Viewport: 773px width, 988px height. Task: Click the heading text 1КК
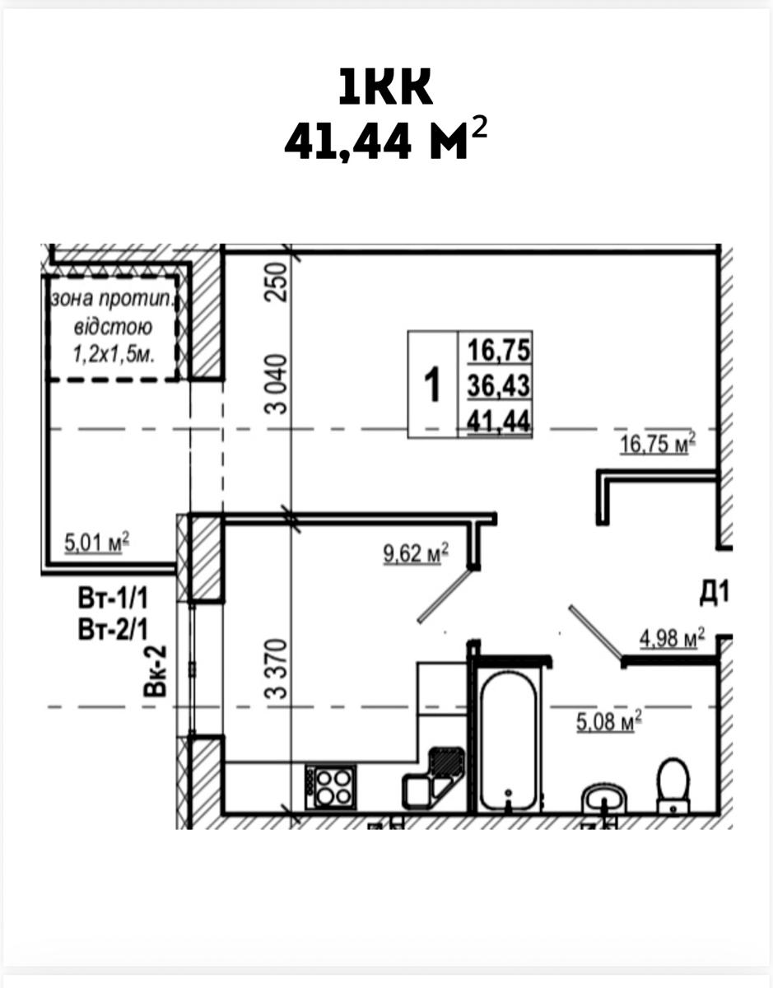point(386,86)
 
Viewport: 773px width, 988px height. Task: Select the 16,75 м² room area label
point(658,443)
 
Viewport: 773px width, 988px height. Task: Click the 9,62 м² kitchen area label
point(416,553)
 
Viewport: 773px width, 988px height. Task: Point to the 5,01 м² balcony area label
point(97,543)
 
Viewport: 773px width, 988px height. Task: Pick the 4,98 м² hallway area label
point(672,638)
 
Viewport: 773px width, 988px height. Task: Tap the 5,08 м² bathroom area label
point(609,720)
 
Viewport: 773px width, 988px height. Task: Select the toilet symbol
point(673,785)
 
